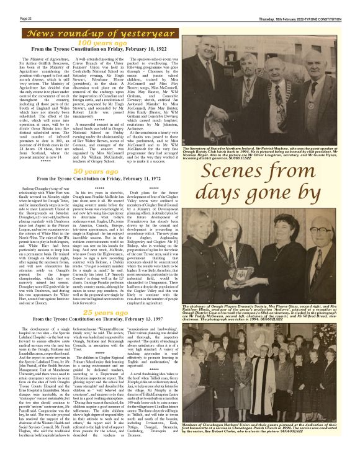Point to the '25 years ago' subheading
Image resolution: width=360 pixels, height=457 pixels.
pyautogui.click(x=101, y=313)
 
